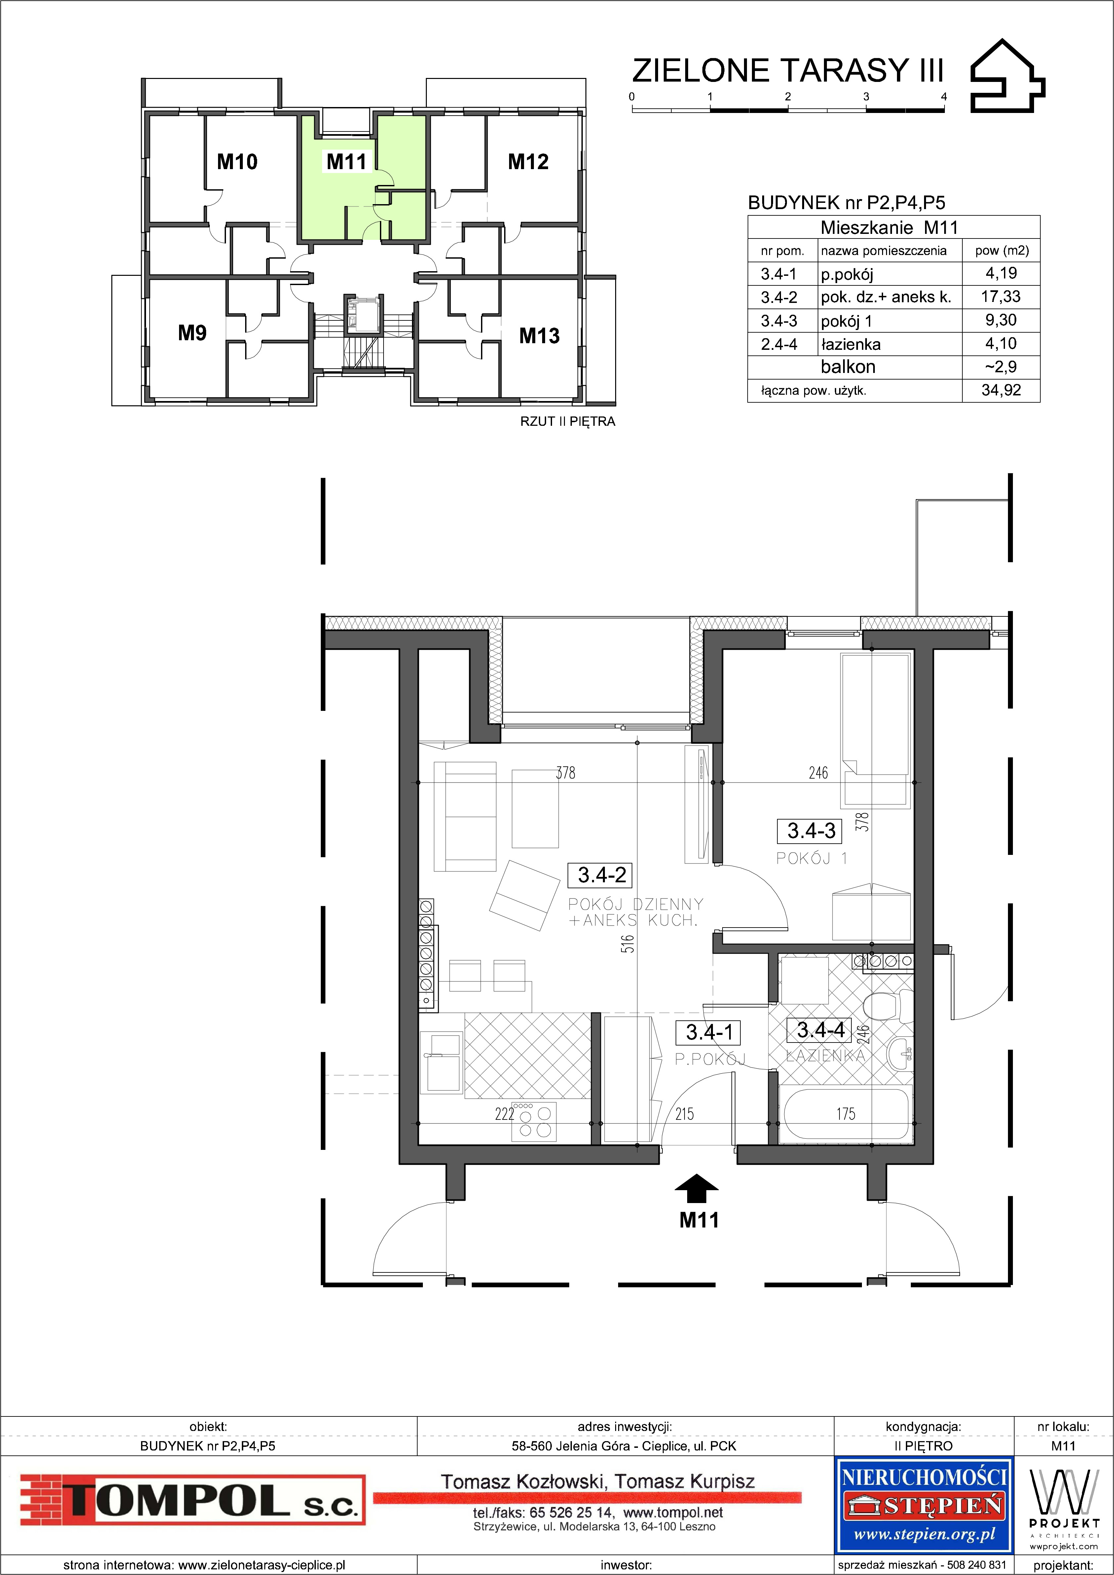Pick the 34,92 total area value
(x=1001, y=390)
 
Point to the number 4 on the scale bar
(x=944, y=97)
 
